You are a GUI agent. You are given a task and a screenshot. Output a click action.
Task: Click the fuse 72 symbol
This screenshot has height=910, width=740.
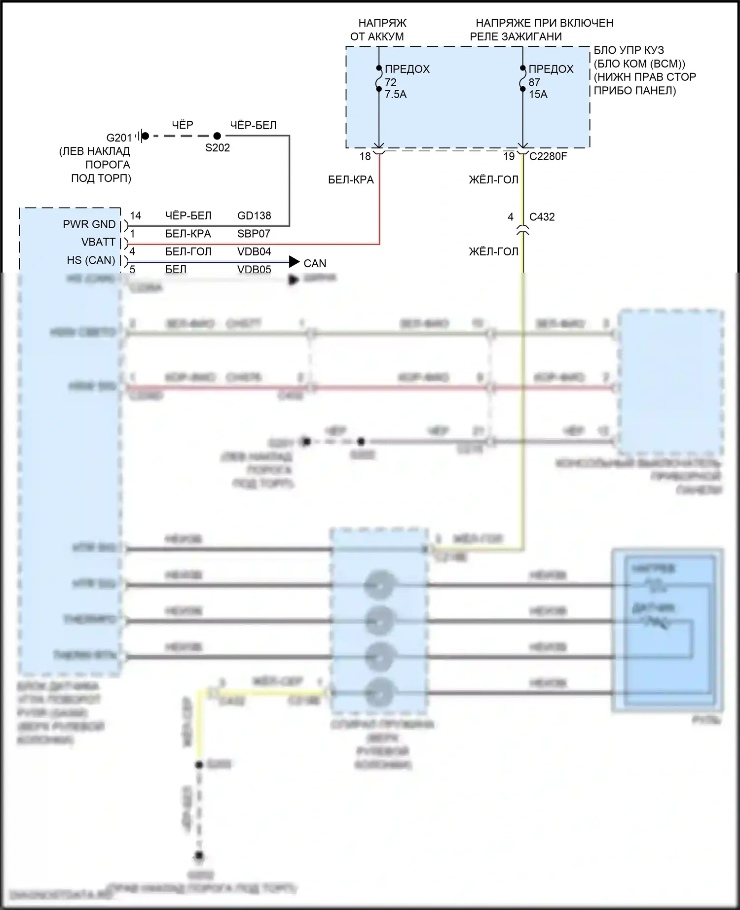coord(378,79)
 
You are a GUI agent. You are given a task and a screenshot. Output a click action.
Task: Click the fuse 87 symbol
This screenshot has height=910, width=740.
coord(522,79)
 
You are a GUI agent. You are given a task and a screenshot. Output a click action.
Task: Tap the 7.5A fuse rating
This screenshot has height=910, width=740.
coord(396,94)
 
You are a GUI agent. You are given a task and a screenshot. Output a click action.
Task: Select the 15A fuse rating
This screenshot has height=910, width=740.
coord(538,94)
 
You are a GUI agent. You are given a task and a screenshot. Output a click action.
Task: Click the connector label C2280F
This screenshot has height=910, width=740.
coord(548,156)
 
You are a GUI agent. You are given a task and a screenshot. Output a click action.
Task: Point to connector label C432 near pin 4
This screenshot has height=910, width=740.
coord(542,217)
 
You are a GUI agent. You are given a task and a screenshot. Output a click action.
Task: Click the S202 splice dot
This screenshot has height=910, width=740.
coord(217,136)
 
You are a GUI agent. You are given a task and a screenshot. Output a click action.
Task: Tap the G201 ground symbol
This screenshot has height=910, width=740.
coord(143,136)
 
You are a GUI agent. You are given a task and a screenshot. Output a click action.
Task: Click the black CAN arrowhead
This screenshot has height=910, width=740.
coord(295,262)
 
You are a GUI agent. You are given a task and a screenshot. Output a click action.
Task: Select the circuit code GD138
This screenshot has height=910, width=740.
coord(254,215)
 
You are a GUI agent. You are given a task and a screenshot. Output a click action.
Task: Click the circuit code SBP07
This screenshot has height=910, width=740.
coord(254,234)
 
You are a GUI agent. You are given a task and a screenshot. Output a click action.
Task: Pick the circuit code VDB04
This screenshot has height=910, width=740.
coord(254,251)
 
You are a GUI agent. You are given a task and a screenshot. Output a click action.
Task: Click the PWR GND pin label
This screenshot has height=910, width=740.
coord(89,224)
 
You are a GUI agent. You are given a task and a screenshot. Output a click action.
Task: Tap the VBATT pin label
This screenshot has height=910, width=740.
coord(98,242)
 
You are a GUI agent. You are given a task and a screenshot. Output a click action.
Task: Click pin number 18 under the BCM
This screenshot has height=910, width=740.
coord(365,156)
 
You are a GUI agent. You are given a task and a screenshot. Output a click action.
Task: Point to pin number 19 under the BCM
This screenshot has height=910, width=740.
coord(509,156)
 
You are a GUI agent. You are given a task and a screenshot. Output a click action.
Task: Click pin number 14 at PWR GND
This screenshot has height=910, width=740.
coord(135,215)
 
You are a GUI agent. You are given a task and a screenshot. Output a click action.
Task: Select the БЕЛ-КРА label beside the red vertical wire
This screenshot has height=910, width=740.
coord(351,180)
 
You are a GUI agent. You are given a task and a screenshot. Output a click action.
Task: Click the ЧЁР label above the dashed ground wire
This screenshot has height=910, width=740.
coord(183,125)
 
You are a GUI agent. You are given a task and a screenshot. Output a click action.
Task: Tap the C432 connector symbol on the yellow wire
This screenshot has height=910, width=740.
coord(522,230)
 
